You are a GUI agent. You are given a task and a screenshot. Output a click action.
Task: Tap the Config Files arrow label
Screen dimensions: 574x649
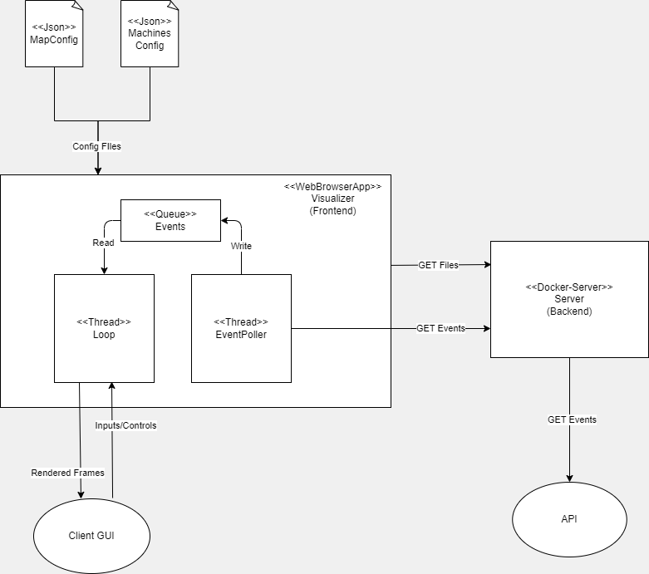click(97, 147)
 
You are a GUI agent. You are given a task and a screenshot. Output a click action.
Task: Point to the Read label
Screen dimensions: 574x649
click(104, 243)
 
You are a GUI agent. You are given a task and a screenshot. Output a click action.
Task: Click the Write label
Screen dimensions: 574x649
click(241, 246)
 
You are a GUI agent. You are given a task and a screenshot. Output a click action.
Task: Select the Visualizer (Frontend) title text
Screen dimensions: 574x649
click(332, 199)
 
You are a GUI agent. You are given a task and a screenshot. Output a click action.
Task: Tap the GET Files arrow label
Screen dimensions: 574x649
click(438, 265)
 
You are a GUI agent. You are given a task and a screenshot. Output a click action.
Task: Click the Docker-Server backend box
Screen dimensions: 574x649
click(569, 299)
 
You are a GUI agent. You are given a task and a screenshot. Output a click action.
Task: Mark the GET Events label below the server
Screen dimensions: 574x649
click(571, 419)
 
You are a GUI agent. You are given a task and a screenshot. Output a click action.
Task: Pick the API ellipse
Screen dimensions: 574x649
click(569, 519)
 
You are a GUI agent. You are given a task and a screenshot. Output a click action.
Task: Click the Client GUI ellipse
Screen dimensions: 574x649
click(91, 536)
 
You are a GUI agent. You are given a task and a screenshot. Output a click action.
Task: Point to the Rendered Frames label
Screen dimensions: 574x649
click(68, 473)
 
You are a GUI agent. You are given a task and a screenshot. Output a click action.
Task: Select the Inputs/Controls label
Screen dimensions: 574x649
click(125, 425)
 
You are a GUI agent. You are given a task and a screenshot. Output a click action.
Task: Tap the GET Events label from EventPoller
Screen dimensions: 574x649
click(440, 328)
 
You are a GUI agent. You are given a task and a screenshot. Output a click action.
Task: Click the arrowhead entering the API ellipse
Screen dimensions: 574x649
click(569, 478)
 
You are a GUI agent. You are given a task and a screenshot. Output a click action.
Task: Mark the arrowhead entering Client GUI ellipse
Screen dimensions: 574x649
click(81, 495)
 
